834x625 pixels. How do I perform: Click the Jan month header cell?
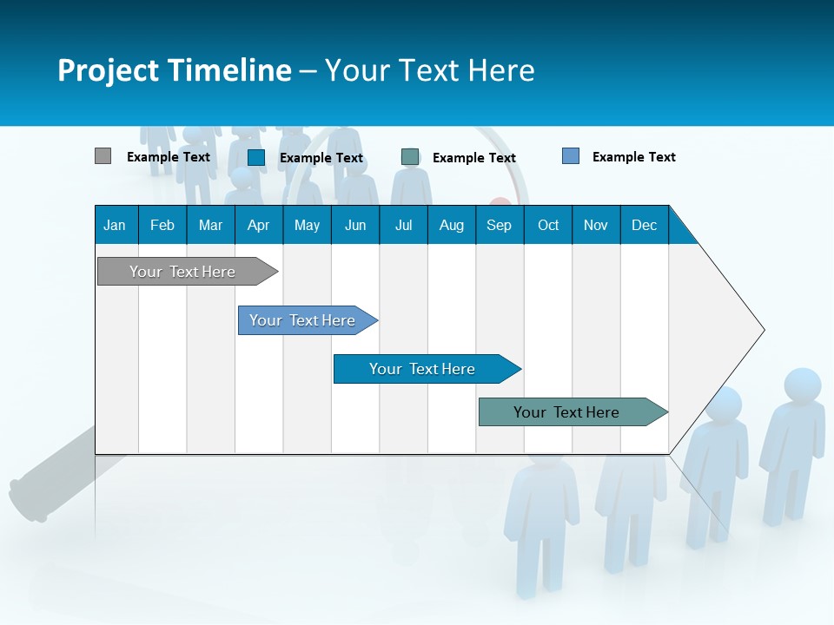(x=116, y=225)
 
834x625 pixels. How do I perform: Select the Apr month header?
(x=258, y=225)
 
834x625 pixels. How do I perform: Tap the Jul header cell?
(x=403, y=225)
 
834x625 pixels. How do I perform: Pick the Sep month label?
(x=499, y=225)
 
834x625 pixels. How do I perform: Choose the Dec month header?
(x=644, y=225)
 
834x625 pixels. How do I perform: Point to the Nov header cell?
(x=595, y=225)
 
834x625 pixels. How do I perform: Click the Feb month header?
(x=162, y=225)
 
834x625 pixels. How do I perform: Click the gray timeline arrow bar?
(x=182, y=272)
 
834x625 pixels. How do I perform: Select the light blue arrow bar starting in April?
(x=302, y=320)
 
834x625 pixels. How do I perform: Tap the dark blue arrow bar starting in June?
(x=422, y=369)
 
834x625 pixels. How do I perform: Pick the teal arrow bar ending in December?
(x=566, y=412)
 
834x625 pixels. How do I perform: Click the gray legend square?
(x=103, y=156)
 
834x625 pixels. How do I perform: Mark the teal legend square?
(x=410, y=157)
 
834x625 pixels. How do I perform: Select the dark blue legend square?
(x=256, y=157)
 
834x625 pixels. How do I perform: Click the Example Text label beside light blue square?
(x=633, y=157)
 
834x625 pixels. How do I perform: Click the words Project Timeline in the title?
(x=174, y=70)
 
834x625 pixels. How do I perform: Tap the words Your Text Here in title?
(x=429, y=70)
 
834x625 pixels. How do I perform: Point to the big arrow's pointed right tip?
(x=762, y=330)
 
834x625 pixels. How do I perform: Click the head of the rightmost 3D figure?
(x=802, y=385)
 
